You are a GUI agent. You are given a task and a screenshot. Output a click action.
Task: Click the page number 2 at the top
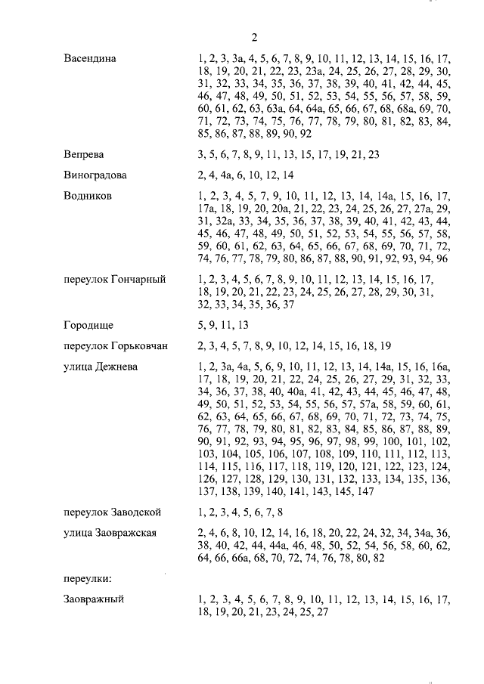pyautogui.click(x=254, y=37)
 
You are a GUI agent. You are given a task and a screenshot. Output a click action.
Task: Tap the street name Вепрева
pyautogui.click(x=84, y=154)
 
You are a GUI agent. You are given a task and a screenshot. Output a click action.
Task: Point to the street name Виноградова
pyautogui.click(x=95, y=175)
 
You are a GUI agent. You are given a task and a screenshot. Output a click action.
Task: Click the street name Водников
pyautogui.click(x=88, y=195)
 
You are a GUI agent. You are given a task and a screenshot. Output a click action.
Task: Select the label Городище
pyautogui.click(x=88, y=325)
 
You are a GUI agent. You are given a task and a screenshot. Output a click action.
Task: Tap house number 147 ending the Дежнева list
pyautogui.click(x=365, y=491)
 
